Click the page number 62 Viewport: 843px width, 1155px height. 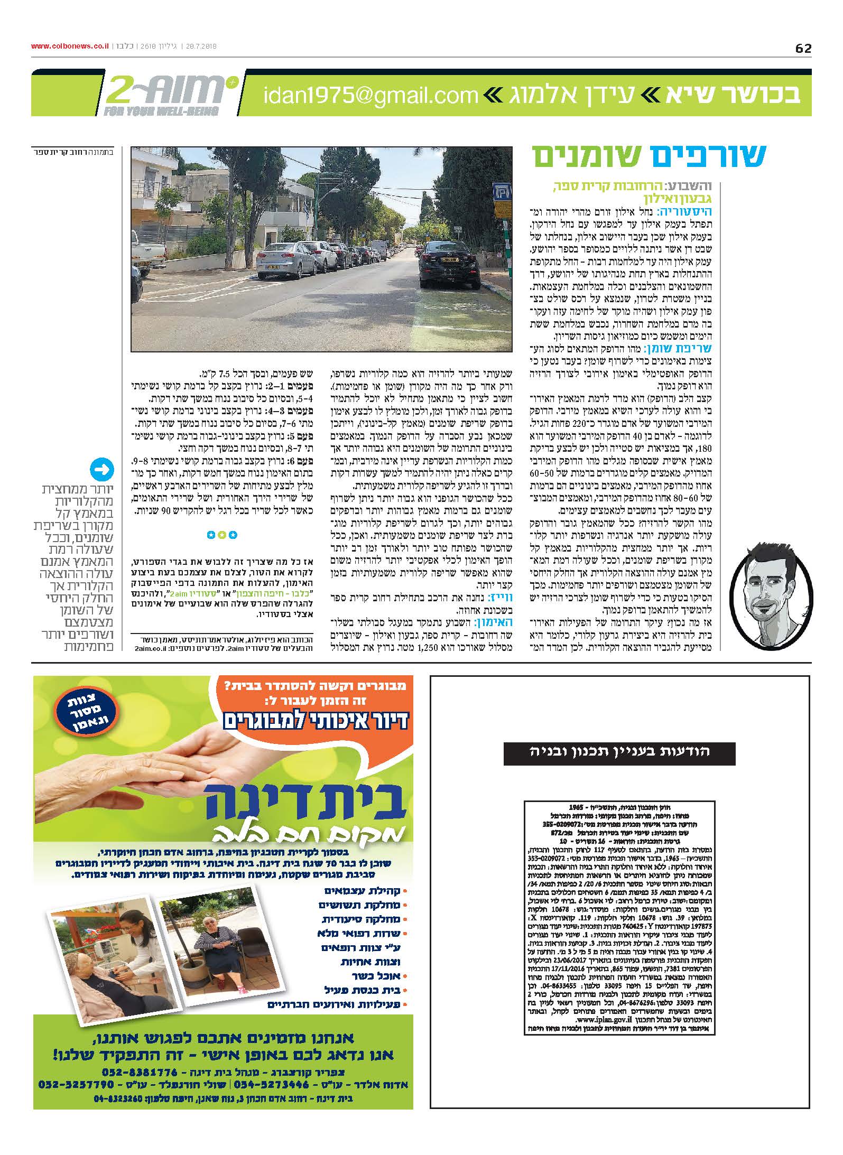pyautogui.click(x=803, y=48)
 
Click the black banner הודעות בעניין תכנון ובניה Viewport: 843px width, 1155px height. pyautogui.click(x=619, y=753)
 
